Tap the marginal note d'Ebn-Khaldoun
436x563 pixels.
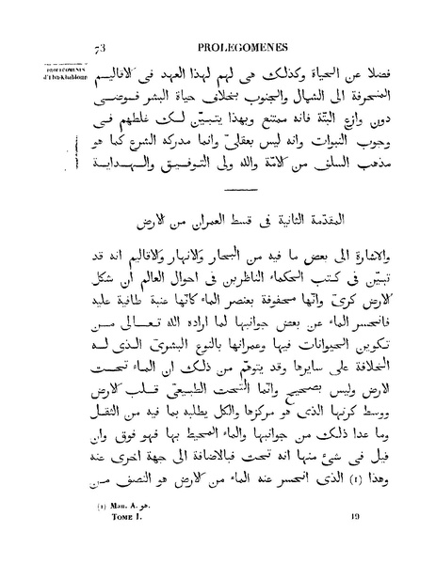(x=52, y=75)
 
